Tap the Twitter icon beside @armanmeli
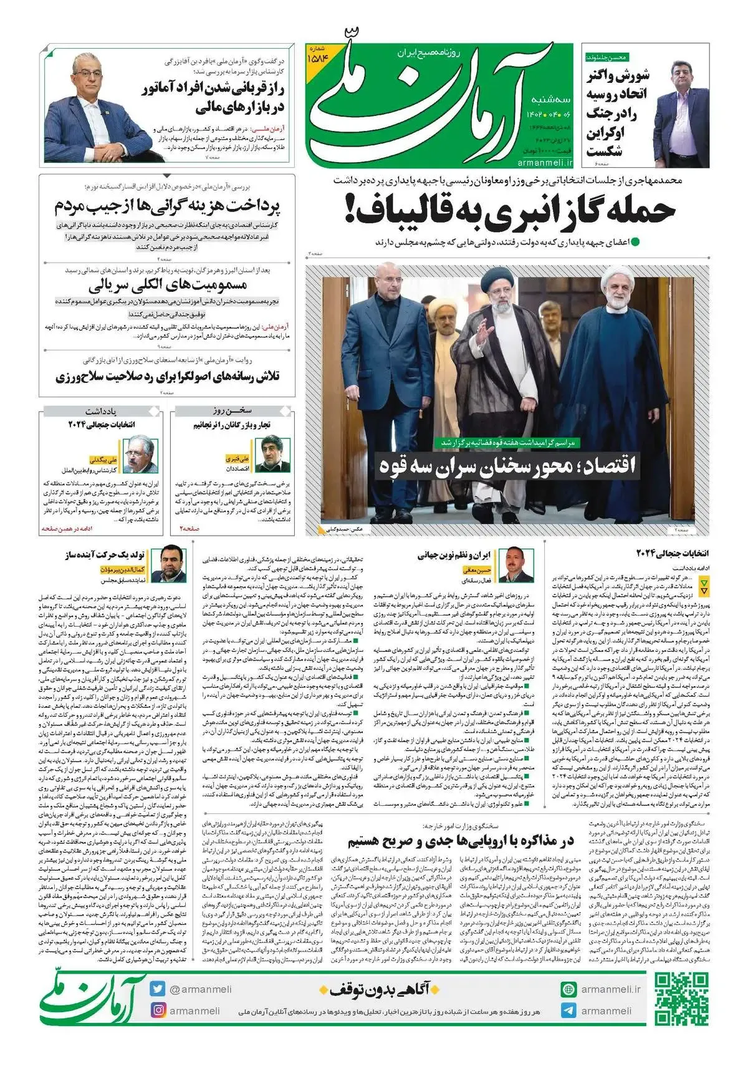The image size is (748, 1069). [157, 989]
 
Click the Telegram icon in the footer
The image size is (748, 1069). [568, 1011]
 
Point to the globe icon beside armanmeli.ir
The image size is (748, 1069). [568, 989]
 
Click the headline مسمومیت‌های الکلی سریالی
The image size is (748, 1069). [168, 286]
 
